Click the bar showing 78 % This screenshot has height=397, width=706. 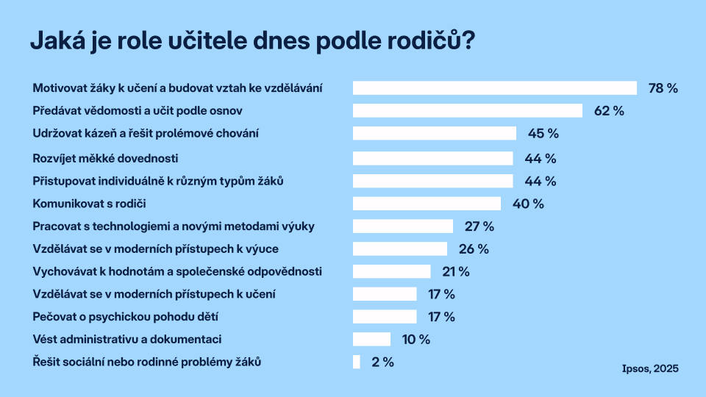click(x=494, y=88)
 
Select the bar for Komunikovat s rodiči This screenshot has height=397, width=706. click(x=427, y=204)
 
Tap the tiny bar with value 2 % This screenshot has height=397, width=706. click(x=357, y=362)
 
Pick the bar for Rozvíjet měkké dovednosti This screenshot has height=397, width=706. click(x=432, y=158)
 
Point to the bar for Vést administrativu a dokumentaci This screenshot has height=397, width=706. click(x=371, y=339)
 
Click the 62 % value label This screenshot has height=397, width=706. click(x=608, y=111)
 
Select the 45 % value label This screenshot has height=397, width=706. click(x=543, y=134)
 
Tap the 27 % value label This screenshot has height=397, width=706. click(x=479, y=226)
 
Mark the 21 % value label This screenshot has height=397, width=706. click(x=455, y=272)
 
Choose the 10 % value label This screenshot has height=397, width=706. click(x=415, y=339)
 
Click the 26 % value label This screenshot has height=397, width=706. click(x=473, y=249)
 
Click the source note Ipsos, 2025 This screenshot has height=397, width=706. click(x=649, y=368)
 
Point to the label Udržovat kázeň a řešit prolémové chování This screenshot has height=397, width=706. click(x=146, y=134)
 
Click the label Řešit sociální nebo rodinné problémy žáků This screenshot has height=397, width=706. click(x=147, y=362)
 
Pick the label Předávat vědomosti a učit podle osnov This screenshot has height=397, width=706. click(x=138, y=111)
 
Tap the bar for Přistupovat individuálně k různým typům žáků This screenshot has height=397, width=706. click(x=432, y=181)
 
